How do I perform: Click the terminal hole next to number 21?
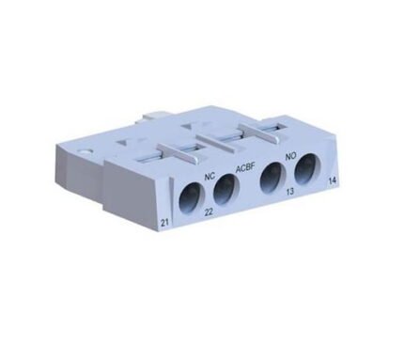tap(186, 196)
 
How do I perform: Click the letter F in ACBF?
tap(255, 167)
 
